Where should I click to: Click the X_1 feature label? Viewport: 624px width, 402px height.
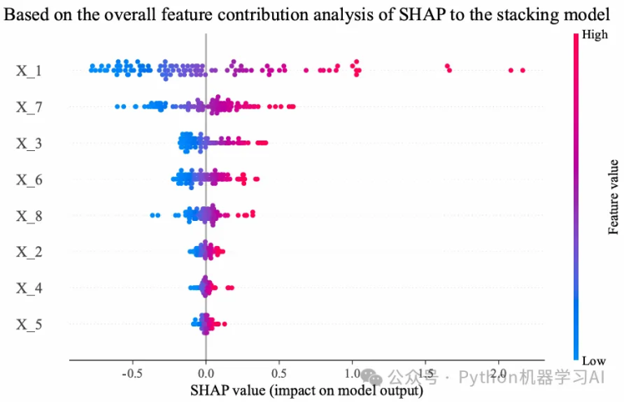point(29,71)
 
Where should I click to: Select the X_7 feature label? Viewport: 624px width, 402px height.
point(29,106)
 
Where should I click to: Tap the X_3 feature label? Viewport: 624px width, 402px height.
point(29,143)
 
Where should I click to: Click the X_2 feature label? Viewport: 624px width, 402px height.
point(29,252)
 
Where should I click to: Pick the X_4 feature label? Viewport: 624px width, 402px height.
point(29,288)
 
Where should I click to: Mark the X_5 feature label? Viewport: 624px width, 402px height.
point(29,325)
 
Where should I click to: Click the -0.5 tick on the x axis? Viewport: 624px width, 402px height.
point(132,374)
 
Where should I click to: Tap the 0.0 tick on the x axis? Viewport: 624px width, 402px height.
point(206,374)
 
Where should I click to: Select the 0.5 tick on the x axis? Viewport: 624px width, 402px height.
point(279,374)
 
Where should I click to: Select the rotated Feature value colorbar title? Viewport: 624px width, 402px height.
point(615,197)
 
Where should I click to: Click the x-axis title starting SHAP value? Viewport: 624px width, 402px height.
point(306,390)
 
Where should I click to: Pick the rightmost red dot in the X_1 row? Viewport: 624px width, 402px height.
point(522,71)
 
